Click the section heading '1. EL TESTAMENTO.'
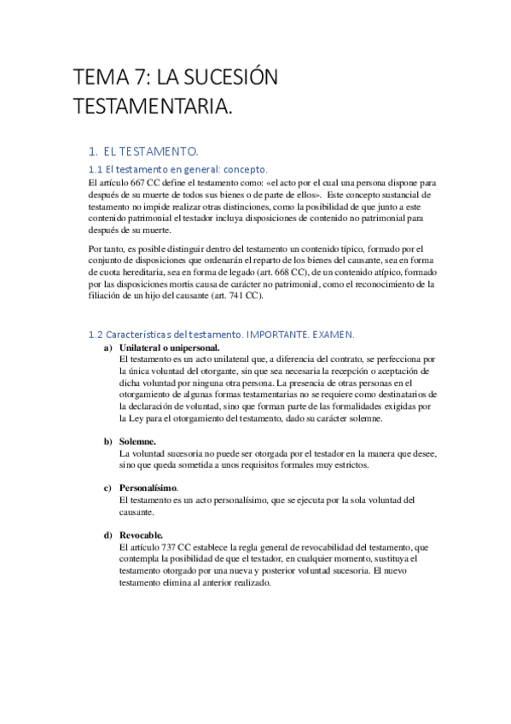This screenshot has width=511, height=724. tap(151, 151)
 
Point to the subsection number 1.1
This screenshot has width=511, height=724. tap(96, 169)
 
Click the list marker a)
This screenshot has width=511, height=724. tap(107, 348)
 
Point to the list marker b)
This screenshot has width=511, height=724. tap(107, 441)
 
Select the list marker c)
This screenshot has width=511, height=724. tap(107, 488)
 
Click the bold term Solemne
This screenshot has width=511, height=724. tap(137, 441)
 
